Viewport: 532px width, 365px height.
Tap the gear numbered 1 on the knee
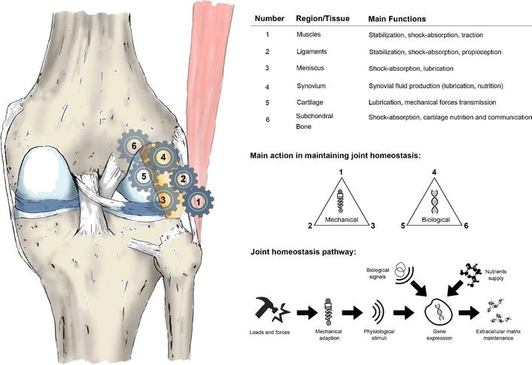pyautogui.click(x=198, y=201)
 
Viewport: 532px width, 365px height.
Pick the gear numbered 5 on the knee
pyautogui.click(x=144, y=177)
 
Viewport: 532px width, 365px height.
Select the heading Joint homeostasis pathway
pyautogui.click(x=299, y=251)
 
